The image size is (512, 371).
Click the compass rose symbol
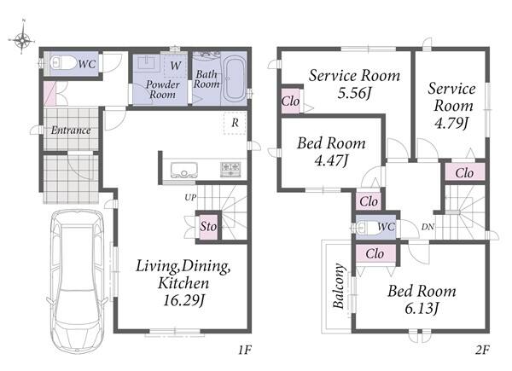[22, 40]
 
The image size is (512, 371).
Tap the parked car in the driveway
[78, 281]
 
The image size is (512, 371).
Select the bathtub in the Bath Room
[234, 79]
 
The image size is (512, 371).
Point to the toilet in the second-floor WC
[368, 228]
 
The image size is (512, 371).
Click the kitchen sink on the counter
[184, 170]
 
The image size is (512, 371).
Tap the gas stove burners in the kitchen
[230, 170]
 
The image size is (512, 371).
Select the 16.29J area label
[183, 300]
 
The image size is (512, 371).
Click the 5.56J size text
[354, 94]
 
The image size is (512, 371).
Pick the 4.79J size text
[452, 123]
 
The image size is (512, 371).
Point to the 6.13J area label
[422, 308]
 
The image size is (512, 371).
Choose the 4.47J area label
[331, 160]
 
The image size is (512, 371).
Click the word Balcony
[339, 286]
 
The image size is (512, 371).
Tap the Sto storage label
[208, 226]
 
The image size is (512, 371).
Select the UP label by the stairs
[190, 197]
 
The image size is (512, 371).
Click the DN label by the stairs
[428, 227]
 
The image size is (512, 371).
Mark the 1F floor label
[245, 351]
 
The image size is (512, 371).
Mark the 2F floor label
[482, 351]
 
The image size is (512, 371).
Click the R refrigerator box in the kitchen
[235, 123]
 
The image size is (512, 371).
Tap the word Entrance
[71, 130]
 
